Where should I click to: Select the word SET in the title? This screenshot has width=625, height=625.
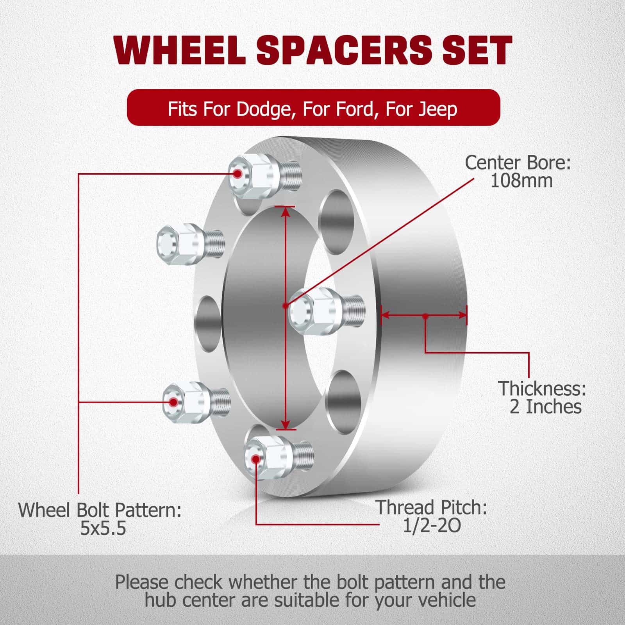pyautogui.click(x=477, y=50)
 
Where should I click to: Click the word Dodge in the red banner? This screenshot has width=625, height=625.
pyautogui.click(x=265, y=109)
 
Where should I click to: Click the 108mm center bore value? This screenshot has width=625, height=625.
pyautogui.click(x=521, y=181)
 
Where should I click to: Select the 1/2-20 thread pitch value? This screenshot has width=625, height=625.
pyautogui.click(x=432, y=526)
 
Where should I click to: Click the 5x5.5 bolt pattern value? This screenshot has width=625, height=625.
pyautogui.click(x=103, y=529)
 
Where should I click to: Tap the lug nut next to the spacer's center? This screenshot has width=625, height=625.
pyautogui.click(x=327, y=311)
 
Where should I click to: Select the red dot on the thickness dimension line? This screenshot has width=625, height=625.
pyautogui.click(x=425, y=316)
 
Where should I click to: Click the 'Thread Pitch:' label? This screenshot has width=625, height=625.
pyautogui.click(x=432, y=507)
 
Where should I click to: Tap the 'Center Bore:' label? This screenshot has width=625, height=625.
pyautogui.click(x=518, y=163)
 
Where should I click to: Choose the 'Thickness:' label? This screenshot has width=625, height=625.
pyautogui.click(x=542, y=388)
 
